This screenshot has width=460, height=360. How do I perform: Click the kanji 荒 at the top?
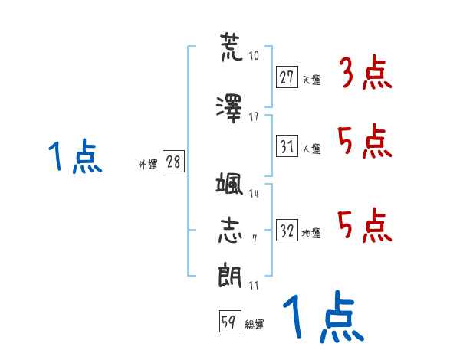coord(232,47)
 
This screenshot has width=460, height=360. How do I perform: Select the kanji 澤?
coord(229,109)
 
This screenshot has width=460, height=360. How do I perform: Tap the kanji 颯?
coord(229,183)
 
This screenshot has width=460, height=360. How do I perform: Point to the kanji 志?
coord(230,231)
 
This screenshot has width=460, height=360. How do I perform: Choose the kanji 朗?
coord(230,275)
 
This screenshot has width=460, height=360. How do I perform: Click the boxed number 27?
coord(287,77)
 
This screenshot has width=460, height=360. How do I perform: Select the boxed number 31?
coord(287,146)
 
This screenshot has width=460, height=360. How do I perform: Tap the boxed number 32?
coord(287,230)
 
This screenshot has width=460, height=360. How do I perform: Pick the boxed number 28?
coord(173,162)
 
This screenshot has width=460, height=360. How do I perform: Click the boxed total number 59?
coord(230,321)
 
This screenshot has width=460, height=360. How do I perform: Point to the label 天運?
coord(312,80)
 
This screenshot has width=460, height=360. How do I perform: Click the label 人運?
coord(312,149)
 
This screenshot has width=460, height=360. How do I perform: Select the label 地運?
coord(311,234)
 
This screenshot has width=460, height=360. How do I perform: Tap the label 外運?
coord(148,164)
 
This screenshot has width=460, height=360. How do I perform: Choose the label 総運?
coord(255,325)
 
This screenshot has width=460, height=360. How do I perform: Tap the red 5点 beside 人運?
coord(365,141)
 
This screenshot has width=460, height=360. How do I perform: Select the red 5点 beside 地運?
coord(365,225)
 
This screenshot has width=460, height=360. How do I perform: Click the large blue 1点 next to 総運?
coord(324,316)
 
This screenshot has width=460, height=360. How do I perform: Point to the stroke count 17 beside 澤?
coord(254,117)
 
